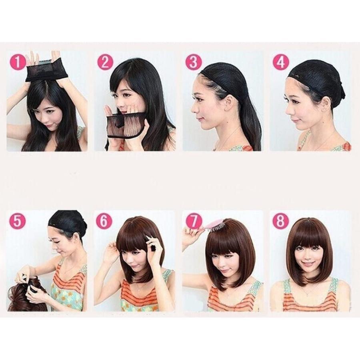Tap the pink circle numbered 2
point(105,62)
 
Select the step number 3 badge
point(194,62)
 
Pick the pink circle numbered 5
point(18,222)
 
